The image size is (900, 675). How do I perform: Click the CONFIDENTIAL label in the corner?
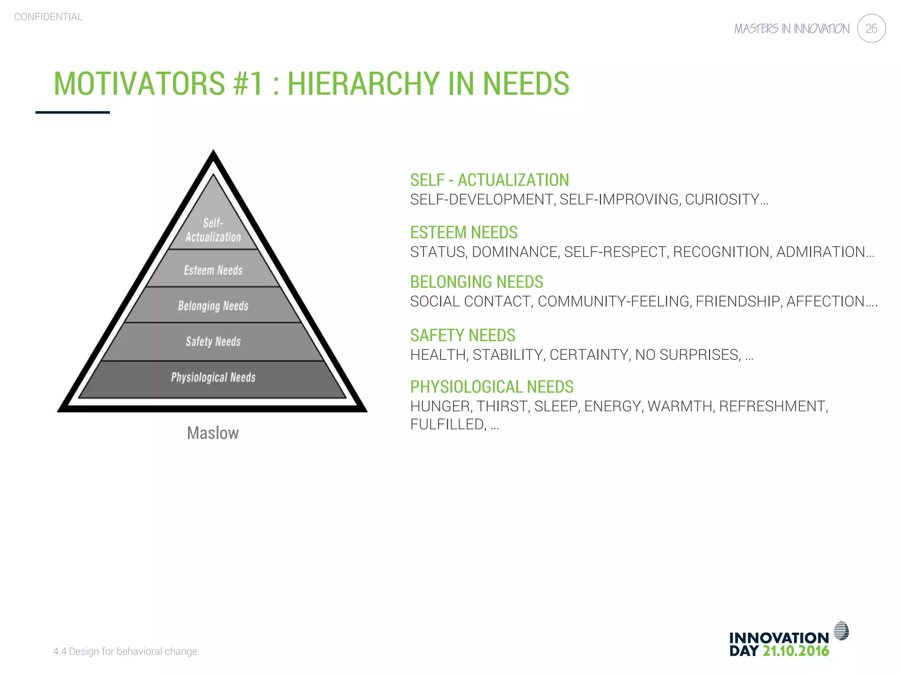48,17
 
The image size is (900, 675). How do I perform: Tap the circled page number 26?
871,29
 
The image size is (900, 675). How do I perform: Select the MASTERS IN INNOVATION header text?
791,29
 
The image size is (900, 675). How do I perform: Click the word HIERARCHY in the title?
363,83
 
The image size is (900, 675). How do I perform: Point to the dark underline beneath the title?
73,112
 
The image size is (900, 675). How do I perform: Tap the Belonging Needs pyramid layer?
213,305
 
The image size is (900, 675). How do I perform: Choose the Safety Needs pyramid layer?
213,341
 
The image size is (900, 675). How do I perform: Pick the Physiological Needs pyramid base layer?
213,377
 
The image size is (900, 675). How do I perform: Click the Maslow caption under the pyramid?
213,433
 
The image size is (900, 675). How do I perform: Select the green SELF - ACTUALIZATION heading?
490,180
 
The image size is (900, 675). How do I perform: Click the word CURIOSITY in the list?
722,200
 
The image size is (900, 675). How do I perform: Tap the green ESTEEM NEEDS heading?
464,232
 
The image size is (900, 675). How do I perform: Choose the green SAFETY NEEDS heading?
462,336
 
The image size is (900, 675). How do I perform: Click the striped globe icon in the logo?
841,631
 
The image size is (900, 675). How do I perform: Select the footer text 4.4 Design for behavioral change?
125,651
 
